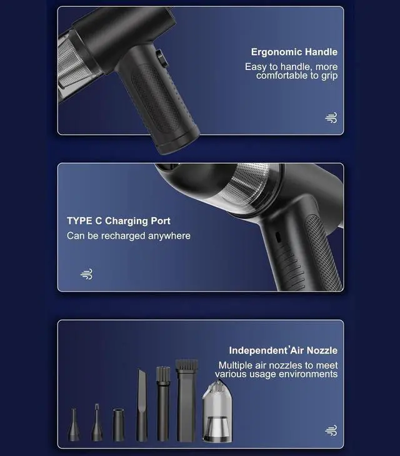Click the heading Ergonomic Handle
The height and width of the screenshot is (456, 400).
tap(294, 52)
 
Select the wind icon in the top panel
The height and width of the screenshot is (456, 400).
tap(331, 118)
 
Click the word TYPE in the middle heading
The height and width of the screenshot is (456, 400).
tap(79, 221)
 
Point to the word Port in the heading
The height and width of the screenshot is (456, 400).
tap(161, 221)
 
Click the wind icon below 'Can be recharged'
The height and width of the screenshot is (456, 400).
tap(87, 274)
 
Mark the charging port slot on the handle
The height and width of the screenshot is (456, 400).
tap(278, 237)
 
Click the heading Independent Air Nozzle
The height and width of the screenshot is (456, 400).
tap(283, 350)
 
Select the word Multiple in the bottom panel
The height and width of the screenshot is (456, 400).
tap(236, 365)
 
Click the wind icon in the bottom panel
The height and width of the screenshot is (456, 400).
tap(331, 430)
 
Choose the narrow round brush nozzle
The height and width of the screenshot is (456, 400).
tap(163, 403)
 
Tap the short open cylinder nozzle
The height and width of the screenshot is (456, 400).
tap(119, 425)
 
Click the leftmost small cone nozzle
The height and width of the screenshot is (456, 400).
tap(74, 425)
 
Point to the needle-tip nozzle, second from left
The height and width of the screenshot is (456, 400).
tap(97, 422)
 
